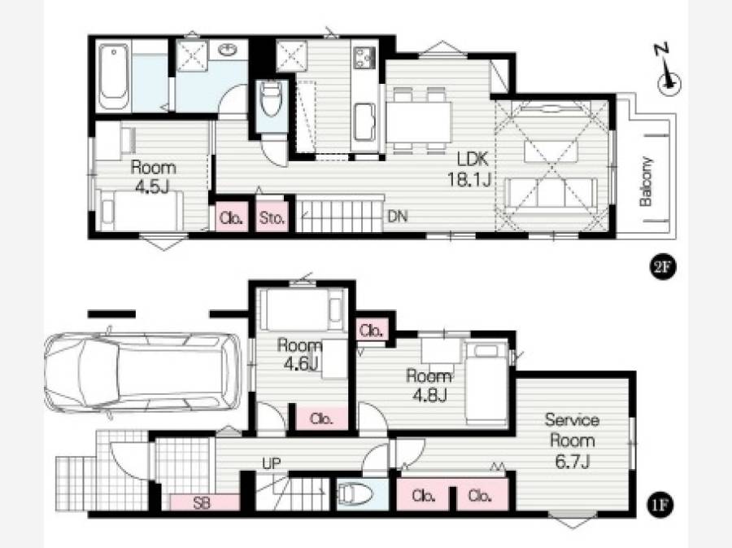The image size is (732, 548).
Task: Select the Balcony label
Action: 647,182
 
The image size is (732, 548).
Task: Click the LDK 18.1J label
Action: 470,169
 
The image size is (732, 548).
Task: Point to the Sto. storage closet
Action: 271,217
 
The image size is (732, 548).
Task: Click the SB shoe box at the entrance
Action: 201,502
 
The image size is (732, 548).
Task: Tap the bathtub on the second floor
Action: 113,77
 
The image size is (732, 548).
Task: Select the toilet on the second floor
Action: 271,98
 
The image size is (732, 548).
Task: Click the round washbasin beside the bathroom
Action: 228,49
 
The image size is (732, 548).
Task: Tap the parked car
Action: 143,372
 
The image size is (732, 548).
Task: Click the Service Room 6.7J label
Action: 572,441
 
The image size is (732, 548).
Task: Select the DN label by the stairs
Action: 397,217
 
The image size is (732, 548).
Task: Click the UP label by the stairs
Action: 271,464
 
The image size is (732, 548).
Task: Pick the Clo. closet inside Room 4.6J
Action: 322,419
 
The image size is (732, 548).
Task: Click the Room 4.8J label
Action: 429,385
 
